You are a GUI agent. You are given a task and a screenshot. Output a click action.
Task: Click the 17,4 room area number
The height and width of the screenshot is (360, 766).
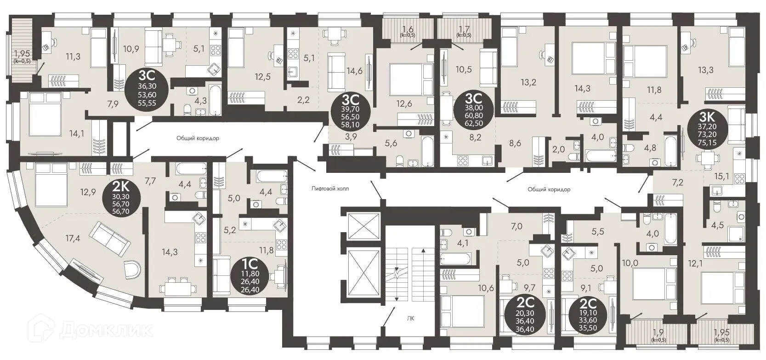click(73, 238)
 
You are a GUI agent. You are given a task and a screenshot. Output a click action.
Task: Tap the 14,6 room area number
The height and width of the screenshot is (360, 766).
click(354, 71)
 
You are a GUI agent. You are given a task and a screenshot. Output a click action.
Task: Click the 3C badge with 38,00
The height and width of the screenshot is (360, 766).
click(473, 111)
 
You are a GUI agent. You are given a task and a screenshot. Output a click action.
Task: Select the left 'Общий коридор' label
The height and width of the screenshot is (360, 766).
click(198, 138)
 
